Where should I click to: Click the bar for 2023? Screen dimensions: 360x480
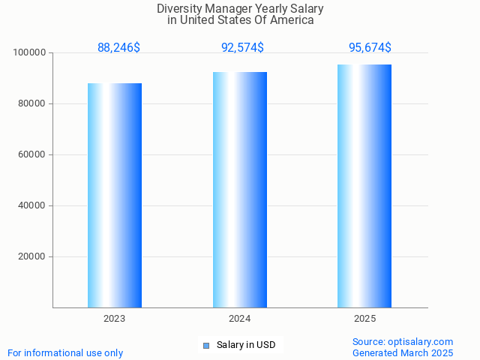(115, 195)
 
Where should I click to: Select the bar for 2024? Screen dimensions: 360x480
(240, 190)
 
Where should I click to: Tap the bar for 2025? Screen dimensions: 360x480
(364, 186)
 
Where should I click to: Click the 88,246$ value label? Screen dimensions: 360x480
(118, 48)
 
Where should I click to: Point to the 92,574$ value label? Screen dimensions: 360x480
(242, 48)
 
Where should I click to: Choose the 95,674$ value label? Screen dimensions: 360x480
(370, 48)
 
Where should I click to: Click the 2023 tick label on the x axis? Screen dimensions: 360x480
(115, 319)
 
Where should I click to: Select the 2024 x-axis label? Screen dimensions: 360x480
(240, 319)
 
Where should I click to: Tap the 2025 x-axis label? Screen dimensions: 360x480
(365, 319)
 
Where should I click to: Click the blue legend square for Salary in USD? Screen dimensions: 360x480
(206, 345)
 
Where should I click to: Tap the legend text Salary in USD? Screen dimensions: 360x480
(246, 345)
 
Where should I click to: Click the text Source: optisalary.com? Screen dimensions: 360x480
(403, 341)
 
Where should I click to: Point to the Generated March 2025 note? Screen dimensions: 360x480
(403, 352)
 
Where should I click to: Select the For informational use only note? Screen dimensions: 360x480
(65, 352)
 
